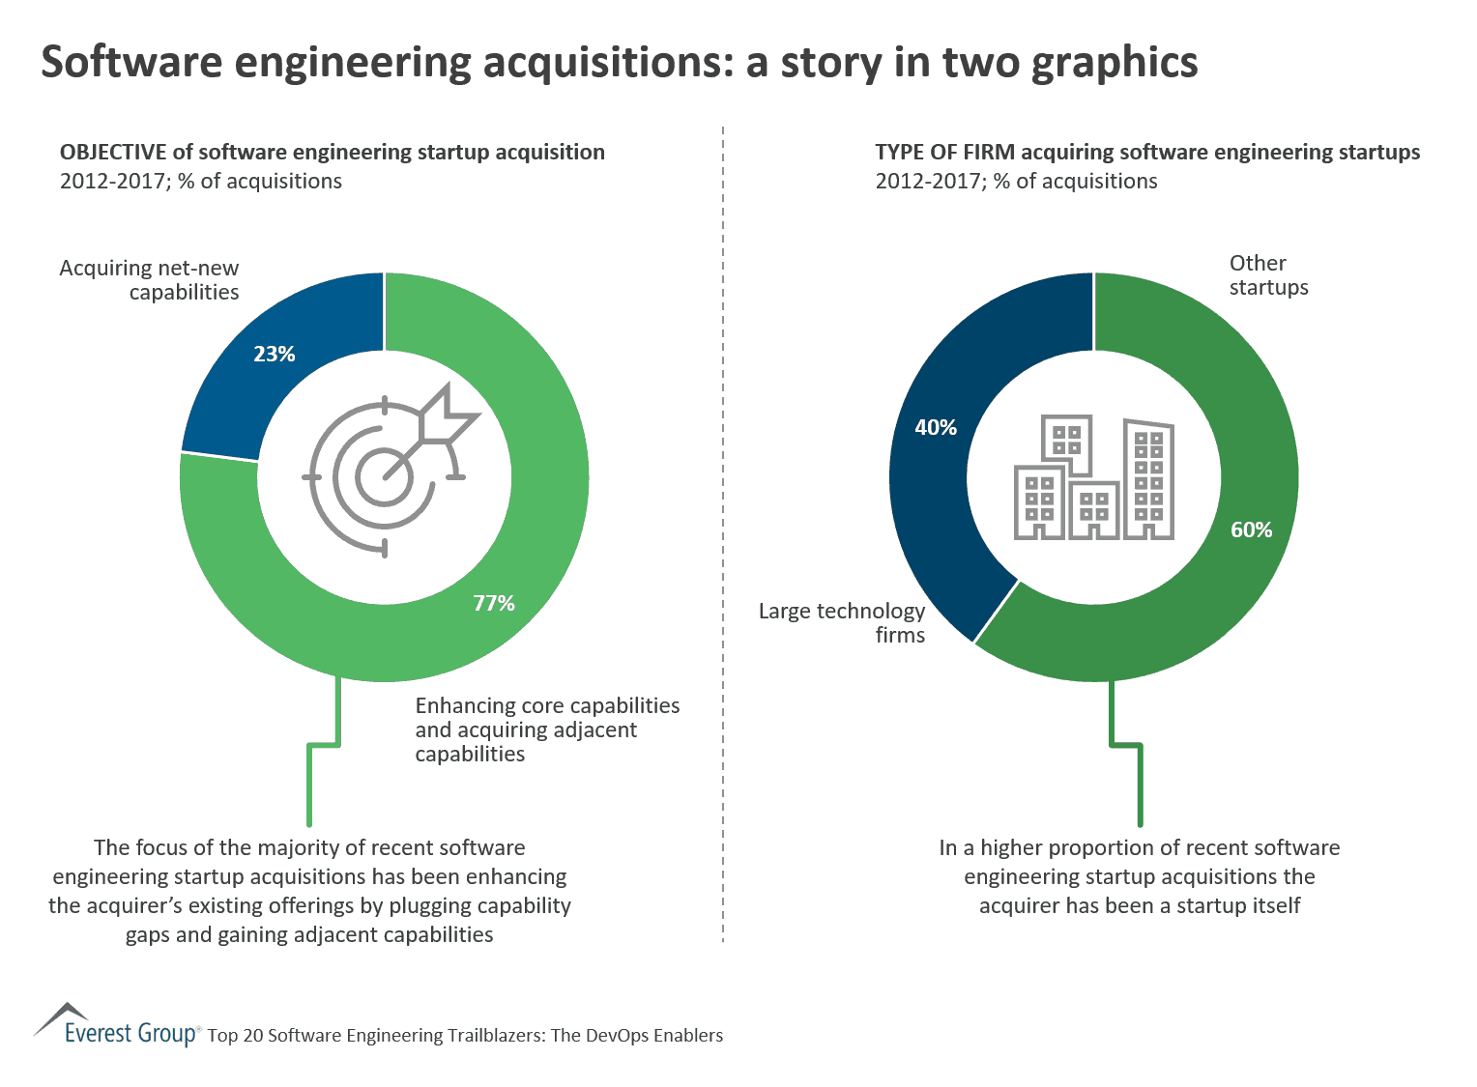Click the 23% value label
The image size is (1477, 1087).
(x=275, y=355)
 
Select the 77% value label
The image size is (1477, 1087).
(x=494, y=604)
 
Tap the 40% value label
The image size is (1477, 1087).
(x=936, y=427)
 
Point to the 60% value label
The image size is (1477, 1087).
(x=1251, y=529)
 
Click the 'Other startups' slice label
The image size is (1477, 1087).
(x=1268, y=275)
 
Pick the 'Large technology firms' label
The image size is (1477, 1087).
(x=842, y=623)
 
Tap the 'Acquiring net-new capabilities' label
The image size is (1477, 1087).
(x=150, y=280)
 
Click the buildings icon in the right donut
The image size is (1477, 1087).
(x=1093, y=477)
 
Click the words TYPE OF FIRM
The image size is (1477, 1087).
(x=944, y=153)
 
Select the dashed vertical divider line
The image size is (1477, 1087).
(x=723, y=531)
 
